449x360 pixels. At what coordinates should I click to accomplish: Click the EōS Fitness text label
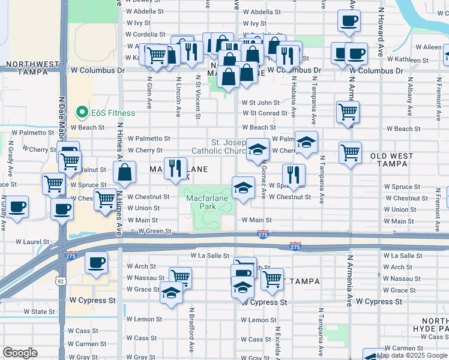pos(113,112)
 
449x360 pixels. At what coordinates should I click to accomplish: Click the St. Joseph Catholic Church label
pos(217,146)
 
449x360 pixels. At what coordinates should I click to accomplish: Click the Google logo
pos(20,353)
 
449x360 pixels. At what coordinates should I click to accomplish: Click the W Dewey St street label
pos(145,1)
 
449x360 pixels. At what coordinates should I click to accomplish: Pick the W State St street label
pos(39,312)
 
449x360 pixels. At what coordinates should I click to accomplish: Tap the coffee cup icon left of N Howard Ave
pos(349,22)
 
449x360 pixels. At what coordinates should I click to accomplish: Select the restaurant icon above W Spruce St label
pos(294,175)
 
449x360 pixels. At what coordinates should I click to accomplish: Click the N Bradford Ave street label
pos(191,330)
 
